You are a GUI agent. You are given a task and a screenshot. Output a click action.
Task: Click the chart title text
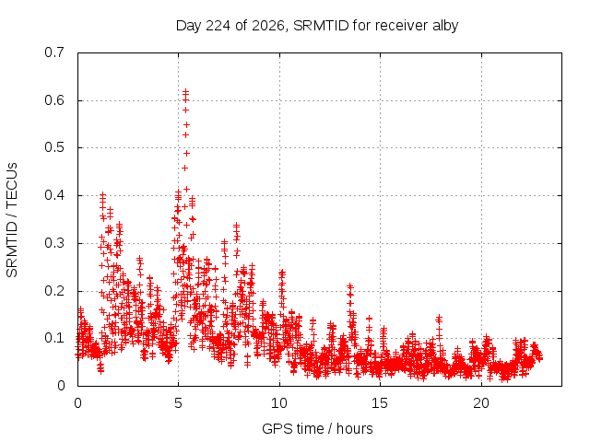tap(317, 26)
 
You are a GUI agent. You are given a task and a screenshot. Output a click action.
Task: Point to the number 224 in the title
tap(218, 26)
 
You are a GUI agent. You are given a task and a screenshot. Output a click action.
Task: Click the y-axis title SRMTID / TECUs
tap(12, 220)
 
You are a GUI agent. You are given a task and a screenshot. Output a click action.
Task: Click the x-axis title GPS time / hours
tap(317, 428)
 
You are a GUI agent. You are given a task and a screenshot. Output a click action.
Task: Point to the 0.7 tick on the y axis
tap(54, 52)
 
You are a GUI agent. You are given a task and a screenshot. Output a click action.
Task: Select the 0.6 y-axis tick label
tap(54, 100)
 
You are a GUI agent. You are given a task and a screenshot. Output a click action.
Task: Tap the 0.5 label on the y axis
tap(54, 147)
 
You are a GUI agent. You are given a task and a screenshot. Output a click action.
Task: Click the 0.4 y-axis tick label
tap(54, 195)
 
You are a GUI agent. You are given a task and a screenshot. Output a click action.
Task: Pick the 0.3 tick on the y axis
tap(54, 243)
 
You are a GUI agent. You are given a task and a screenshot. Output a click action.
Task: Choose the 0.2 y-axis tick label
tap(54, 291)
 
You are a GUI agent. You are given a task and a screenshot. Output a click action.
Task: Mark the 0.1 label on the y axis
tap(54, 338)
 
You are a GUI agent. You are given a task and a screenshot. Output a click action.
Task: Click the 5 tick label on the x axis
tap(178, 403)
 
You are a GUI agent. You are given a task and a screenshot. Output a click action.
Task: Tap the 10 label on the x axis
tap(279, 403)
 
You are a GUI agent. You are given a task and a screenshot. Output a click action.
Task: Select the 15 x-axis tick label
tap(380, 403)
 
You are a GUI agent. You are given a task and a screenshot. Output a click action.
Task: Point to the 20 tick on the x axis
tap(481, 403)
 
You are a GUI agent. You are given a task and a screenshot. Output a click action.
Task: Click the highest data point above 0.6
tap(185, 91)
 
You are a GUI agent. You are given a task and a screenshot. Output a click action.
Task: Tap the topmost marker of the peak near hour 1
tap(102, 194)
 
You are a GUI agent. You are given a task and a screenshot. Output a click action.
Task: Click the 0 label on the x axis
tap(77, 403)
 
